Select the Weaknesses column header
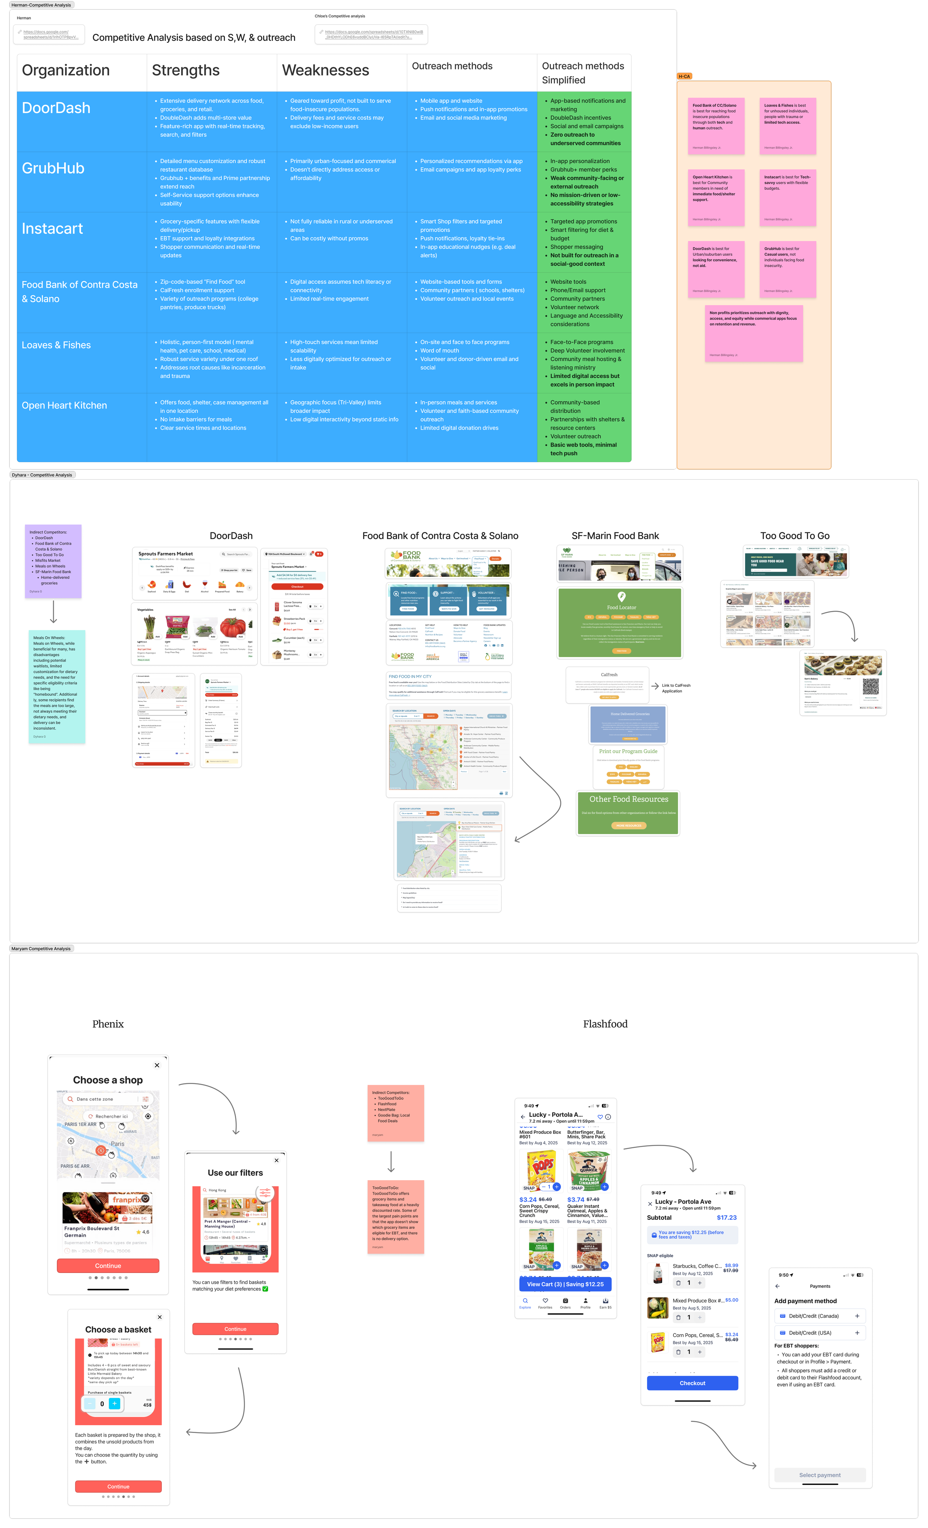coord(326,71)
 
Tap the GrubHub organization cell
coord(53,169)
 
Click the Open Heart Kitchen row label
coord(65,405)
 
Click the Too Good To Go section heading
coord(795,536)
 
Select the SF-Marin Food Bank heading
coord(615,536)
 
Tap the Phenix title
coord(108,1024)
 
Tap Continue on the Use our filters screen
coord(236,1329)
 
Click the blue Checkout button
coord(692,1383)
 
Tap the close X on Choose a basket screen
coord(160,1317)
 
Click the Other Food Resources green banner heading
coord(628,799)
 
